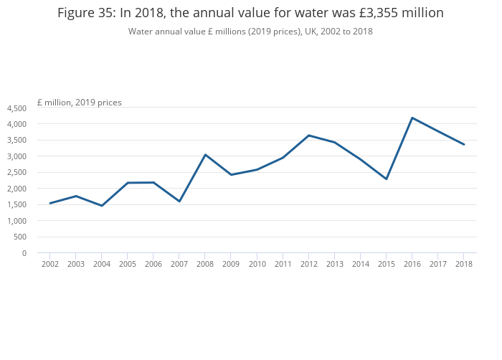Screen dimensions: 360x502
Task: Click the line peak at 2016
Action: [x=412, y=118]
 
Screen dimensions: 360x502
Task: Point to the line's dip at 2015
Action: [x=386, y=179]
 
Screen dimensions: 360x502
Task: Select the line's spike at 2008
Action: [x=205, y=155]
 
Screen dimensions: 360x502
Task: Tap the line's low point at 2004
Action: [x=102, y=206]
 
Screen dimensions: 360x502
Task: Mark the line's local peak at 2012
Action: [x=308, y=136]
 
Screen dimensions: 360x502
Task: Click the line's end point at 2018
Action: [x=463, y=145]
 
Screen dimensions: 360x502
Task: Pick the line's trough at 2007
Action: [x=179, y=202]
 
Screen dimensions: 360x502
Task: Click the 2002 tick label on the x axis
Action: [x=50, y=265]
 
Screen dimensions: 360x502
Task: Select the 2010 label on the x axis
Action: [x=257, y=265]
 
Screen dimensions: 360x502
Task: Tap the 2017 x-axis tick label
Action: [x=437, y=265]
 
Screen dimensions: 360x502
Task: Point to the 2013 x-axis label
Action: [x=334, y=265]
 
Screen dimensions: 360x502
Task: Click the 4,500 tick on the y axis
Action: [x=16, y=108]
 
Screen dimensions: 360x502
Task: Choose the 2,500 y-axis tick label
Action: [x=16, y=173]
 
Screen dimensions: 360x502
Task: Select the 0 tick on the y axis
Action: [x=24, y=253]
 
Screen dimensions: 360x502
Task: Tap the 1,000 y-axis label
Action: [x=16, y=221]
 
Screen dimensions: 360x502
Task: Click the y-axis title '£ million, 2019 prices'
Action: [x=80, y=103]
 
